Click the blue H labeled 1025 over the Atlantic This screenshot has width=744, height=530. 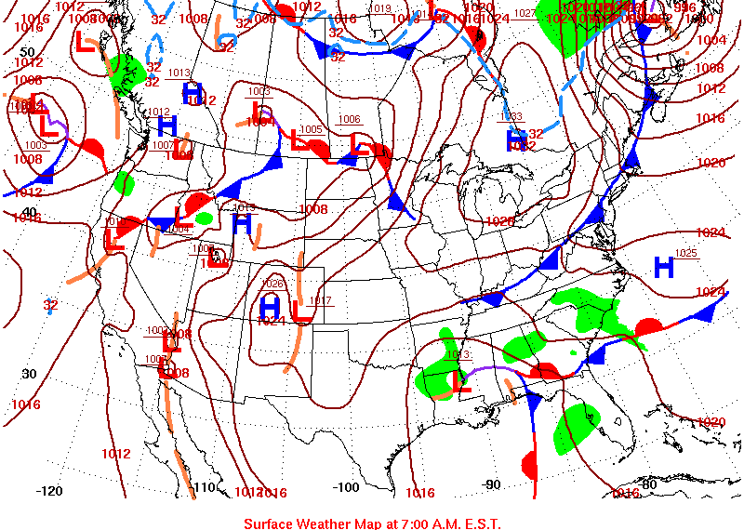(x=664, y=268)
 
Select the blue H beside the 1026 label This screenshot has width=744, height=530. (x=270, y=304)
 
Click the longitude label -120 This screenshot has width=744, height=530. (x=49, y=491)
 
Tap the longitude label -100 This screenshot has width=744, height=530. (x=345, y=487)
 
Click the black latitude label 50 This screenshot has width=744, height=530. (x=27, y=52)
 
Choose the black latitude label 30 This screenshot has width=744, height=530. (x=29, y=374)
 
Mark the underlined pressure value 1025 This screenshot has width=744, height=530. (x=685, y=253)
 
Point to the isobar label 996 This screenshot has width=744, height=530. (x=684, y=7)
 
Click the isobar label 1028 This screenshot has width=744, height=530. (x=500, y=221)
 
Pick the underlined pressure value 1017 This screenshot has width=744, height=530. (x=321, y=300)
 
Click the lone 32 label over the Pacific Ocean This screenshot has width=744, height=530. (x=50, y=305)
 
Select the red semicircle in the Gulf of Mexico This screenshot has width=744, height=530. (x=530, y=461)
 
